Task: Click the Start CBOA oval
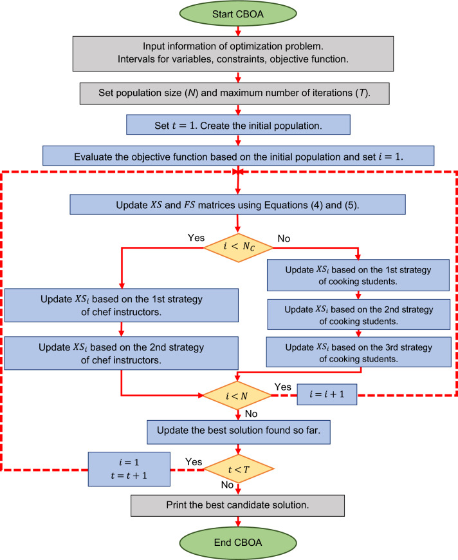pyautogui.click(x=239, y=14)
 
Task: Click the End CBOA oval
pyautogui.click(x=239, y=543)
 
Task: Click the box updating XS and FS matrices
pyautogui.click(x=239, y=204)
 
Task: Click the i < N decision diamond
pyautogui.click(x=239, y=394)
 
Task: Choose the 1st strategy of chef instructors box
pyautogui.click(x=121, y=308)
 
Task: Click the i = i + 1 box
pyautogui.click(x=327, y=395)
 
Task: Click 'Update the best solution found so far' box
pyautogui.click(x=239, y=432)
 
